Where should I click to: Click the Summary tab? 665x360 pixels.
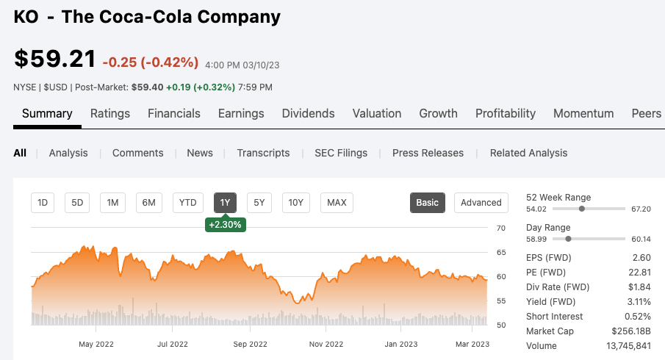click(x=47, y=113)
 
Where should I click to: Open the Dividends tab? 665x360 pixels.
click(x=308, y=113)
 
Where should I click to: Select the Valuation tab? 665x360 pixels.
click(x=377, y=113)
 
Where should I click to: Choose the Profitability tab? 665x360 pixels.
click(x=506, y=113)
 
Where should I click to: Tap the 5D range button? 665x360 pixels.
click(x=77, y=203)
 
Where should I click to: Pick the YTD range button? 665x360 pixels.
click(x=188, y=203)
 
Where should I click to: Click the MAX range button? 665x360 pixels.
click(x=337, y=203)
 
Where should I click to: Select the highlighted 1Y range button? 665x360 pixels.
click(x=226, y=203)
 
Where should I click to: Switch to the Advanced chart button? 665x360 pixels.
click(x=481, y=203)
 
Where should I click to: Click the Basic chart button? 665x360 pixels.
click(x=428, y=203)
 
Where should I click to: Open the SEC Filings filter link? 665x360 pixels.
click(x=341, y=153)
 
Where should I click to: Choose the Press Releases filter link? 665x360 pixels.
click(x=428, y=153)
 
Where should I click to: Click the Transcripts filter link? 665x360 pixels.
click(x=263, y=153)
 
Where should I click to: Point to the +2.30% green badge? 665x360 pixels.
click(x=226, y=225)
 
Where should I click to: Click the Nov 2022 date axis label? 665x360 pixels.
click(x=326, y=344)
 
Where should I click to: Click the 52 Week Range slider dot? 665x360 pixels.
click(x=582, y=209)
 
